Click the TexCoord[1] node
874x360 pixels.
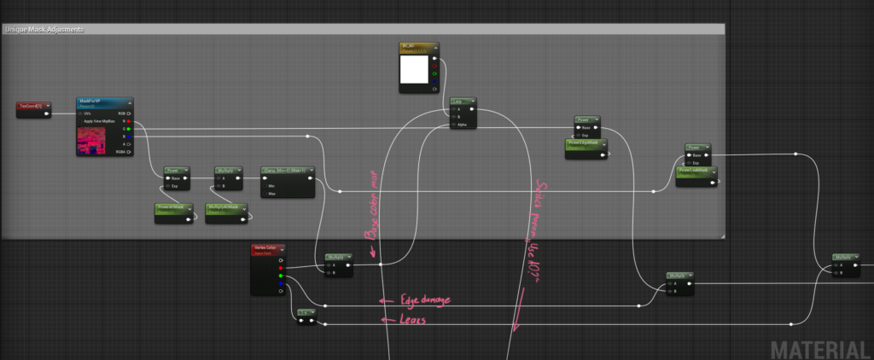pyautogui.click(x=32, y=106)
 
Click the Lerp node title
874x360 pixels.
pyautogui.click(x=463, y=102)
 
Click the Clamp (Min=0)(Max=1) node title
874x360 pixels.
pyautogui.click(x=287, y=170)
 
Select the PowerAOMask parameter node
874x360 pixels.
pyautogui.click(x=174, y=208)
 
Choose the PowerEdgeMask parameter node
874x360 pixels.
pyautogui.click(x=585, y=144)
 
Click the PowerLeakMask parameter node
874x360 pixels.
pyautogui.click(x=696, y=171)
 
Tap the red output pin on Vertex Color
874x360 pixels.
pyautogui.click(x=282, y=268)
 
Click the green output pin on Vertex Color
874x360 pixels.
pyautogui.click(x=282, y=276)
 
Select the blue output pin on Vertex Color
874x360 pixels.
pyautogui.click(x=282, y=283)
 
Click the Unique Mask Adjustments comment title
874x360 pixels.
pyautogui.click(x=44, y=29)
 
